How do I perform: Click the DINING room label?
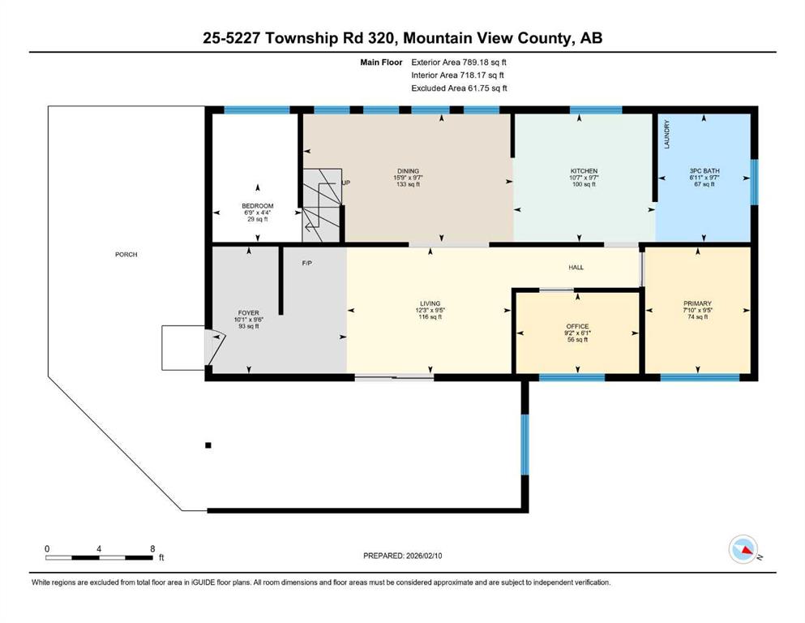tap(408, 171)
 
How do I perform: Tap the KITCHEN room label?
tap(584, 171)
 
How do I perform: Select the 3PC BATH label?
tap(704, 171)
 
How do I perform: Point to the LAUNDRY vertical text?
tap(667, 135)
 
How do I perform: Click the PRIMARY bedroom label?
tap(697, 303)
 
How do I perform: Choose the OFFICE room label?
tap(577, 326)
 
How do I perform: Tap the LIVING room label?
tap(430, 303)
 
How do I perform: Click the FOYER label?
tap(249, 313)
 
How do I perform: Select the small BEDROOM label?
tap(258, 206)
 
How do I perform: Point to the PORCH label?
tap(126, 254)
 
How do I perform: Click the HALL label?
tap(576, 267)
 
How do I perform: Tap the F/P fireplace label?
tap(307, 263)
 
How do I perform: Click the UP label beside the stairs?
tap(346, 183)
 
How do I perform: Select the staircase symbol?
tap(322, 205)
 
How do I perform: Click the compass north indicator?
tap(743, 549)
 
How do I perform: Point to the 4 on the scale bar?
tap(99, 548)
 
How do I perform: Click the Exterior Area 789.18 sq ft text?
tap(459, 62)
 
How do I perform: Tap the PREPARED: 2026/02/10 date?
tap(402, 556)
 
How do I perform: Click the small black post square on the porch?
tap(208, 445)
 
